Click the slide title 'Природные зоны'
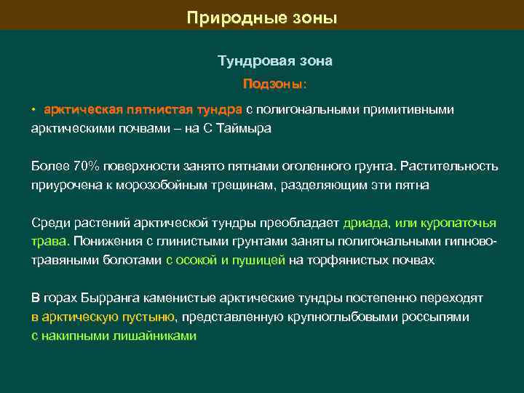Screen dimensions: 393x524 coord(262,17)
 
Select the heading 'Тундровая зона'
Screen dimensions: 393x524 coord(275,61)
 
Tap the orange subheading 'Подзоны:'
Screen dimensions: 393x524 coord(275,84)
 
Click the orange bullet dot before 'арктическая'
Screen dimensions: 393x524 coord(33,110)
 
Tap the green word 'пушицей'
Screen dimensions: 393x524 coord(261,261)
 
